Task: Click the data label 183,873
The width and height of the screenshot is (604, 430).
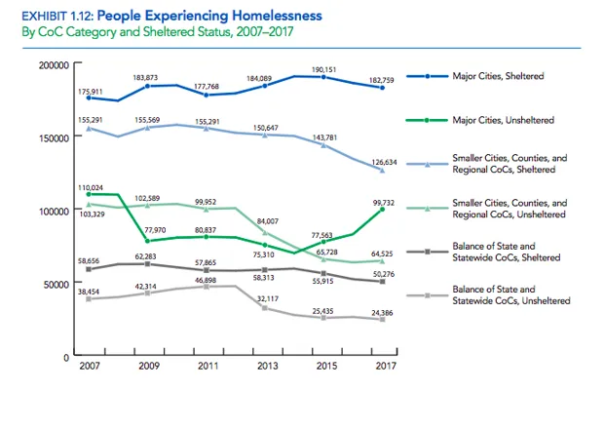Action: (x=147, y=77)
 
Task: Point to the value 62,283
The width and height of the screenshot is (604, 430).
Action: (x=147, y=256)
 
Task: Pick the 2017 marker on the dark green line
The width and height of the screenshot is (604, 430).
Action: (x=382, y=209)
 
